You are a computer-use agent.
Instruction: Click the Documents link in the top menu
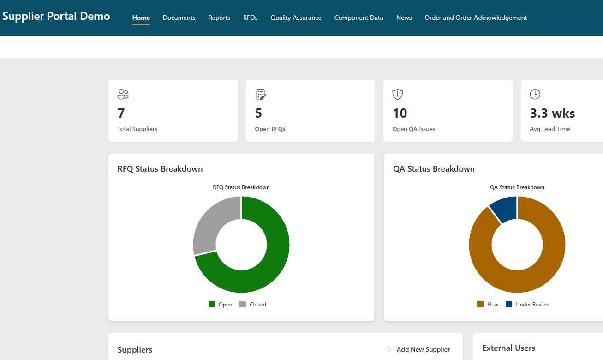(x=179, y=18)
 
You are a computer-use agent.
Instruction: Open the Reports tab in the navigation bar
(x=219, y=18)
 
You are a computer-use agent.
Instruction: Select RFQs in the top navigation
(x=251, y=18)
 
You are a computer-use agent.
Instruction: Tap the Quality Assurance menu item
(x=296, y=18)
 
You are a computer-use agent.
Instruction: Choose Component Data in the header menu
(x=358, y=18)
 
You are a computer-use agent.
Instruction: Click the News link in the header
(x=404, y=18)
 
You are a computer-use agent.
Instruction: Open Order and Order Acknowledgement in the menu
(x=476, y=18)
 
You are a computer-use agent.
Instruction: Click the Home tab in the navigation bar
(x=141, y=18)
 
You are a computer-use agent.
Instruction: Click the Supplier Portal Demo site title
(x=56, y=16)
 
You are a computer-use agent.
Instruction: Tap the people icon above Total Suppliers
(x=123, y=94)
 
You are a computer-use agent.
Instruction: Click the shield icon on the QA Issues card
(x=398, y=95)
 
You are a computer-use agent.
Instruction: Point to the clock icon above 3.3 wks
(x=535, y=94)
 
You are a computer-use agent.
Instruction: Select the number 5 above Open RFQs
(x=258, y=113)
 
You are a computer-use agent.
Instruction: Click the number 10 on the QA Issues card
(x=400, y=113)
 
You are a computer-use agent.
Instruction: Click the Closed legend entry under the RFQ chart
(x=253, y=305)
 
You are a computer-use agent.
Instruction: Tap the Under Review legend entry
(x=527, y=305)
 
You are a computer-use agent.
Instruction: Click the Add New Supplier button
(x=418, y=349)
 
